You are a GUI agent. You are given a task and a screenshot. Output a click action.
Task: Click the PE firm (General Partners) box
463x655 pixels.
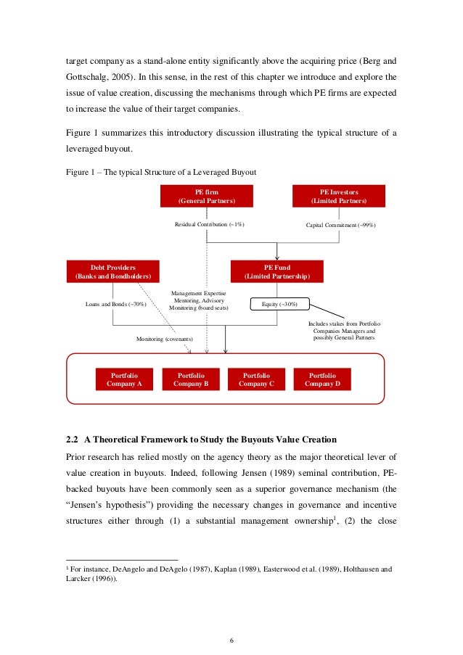click(207, 196)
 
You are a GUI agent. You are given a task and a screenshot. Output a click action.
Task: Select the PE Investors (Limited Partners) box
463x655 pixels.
click(339, 196)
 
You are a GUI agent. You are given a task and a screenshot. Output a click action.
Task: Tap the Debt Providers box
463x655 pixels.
click(112, 271)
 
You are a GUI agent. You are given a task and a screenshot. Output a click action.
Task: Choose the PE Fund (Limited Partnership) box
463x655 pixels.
click(276, 271)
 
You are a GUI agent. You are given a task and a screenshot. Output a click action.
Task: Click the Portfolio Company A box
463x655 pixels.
click(124, 379)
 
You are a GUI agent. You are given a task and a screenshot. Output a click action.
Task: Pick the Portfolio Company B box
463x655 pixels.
click(191, 379)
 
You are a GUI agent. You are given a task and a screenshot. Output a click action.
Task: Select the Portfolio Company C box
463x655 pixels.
click(256, 379)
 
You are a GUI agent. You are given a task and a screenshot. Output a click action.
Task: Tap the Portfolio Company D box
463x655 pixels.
click(323, 379)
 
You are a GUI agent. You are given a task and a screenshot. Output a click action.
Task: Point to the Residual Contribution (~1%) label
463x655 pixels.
click(209, 224)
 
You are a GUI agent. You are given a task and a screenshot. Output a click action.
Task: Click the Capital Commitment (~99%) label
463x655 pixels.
click(339, 224)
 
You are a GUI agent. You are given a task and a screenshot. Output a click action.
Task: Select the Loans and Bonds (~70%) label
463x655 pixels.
click(116, 304)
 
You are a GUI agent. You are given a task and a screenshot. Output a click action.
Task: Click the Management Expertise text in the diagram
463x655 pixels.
click(198, 293)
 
